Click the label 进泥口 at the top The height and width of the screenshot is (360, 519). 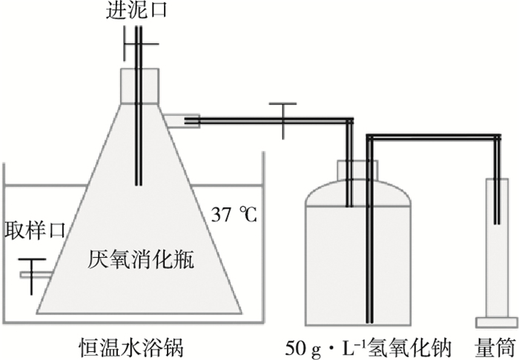tap(138, 10)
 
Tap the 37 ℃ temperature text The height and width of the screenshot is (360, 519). tap(234, 216)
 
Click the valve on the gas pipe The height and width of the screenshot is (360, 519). tap(284, 119)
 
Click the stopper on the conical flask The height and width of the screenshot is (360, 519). tap(139, 83)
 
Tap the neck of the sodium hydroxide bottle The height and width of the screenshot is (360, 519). tap(357, 171)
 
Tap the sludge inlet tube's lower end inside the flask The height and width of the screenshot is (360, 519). tap(139, 178)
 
